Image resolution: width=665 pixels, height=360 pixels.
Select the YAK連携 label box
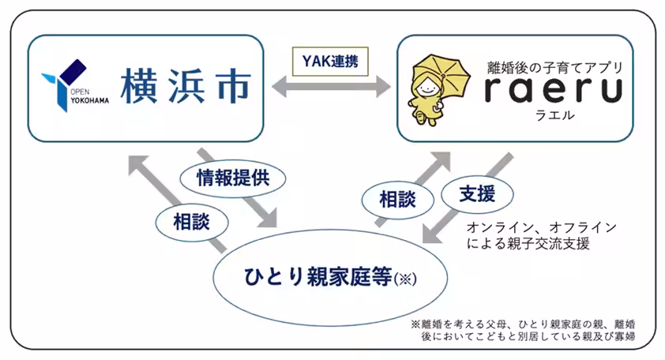click(x=330, y=60)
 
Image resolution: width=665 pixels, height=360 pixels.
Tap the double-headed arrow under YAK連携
click(x=332, y=86)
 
